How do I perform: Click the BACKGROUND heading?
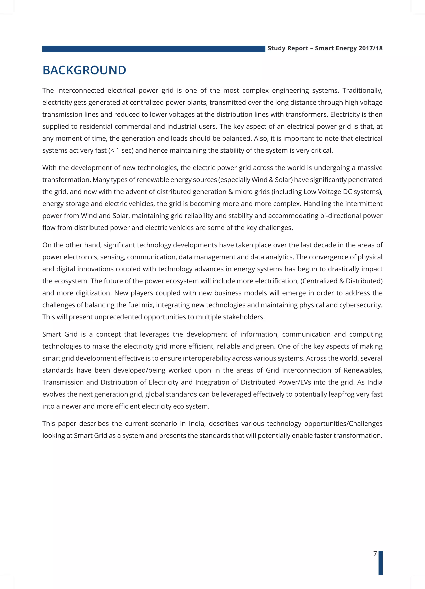coord(84,70)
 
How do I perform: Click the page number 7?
coord(375,554)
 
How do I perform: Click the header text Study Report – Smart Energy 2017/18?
coord(325,48)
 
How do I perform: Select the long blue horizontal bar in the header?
coord(153,49)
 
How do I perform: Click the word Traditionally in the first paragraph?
coord(362,91)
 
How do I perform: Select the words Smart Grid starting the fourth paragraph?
coord(60,334)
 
